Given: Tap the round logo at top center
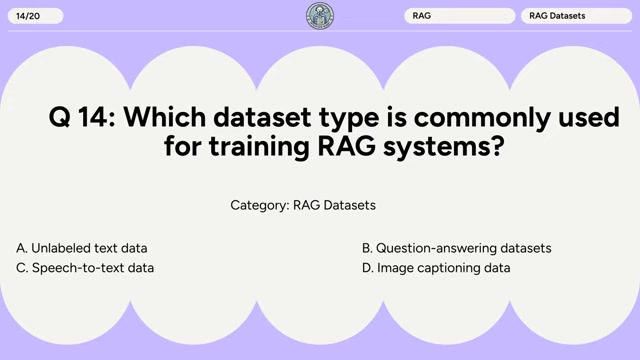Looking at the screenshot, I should point(320,16).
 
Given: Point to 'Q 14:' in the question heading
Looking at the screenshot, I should point(81,118).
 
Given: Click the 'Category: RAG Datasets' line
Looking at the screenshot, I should point(303,205).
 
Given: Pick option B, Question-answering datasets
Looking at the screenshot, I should point(456,248).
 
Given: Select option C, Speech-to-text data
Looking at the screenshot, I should point(85,268).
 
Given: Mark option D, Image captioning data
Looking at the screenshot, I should point(436,268).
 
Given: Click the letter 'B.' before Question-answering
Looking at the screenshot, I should point(367,248).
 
